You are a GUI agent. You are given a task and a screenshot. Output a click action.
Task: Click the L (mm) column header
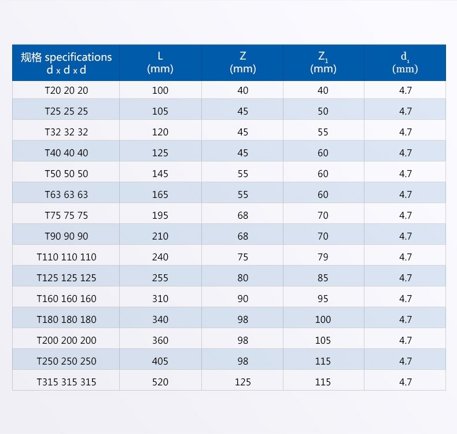pyautogui.click(x=160, y=62)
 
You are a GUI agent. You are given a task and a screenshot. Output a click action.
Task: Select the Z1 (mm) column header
pyautogui.click(x=323, y=62)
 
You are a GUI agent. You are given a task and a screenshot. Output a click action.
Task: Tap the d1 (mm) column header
pyautogui.click(x=405, y=62)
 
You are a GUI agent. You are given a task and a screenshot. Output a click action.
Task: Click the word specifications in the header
pyautogui.click(x=78, y=57)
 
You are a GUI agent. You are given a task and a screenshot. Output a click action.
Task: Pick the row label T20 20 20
pyautogui.click(x=67, y=90)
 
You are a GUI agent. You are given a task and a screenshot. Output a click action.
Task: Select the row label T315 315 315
pyautogui.click(x=67, y=382)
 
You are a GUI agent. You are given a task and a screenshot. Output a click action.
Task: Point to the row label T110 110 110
pyautogui.click(x=67, y=257)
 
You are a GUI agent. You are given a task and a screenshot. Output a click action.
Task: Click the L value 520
pyautogui.click(x=160, y=382)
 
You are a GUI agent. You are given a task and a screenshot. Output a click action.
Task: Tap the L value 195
pyautogui.click(x=160, y=215)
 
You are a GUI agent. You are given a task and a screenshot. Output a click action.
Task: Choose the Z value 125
pyautogui.click(x=242, y=382)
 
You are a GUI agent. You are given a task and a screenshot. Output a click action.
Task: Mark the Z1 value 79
pyautogui.click(x=323, y=257)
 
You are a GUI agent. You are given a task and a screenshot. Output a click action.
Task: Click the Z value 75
pyautogui.click(x=242, y=257)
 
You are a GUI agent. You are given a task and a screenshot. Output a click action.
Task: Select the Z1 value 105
pyautogui.click(x=323, y=340)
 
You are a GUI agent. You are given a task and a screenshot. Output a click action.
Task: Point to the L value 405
pyautogui.click(x=160, y=361)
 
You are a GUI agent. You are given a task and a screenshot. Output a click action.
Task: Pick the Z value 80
pyautogui.click(x=242, y=278)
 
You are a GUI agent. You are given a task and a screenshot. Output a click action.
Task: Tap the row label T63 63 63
pyautogui.click(x=67, y=194)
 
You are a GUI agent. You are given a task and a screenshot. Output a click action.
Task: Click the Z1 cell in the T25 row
pyautogui.click(x=323, y=111)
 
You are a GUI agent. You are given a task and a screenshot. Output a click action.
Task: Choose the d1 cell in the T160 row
pyautogui.click(x=405, y=299)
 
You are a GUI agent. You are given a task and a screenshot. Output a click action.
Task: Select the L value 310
pyautogui.click(x=160, y=299)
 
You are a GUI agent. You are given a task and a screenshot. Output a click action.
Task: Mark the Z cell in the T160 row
pyautogui.click(x=242, y=299)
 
